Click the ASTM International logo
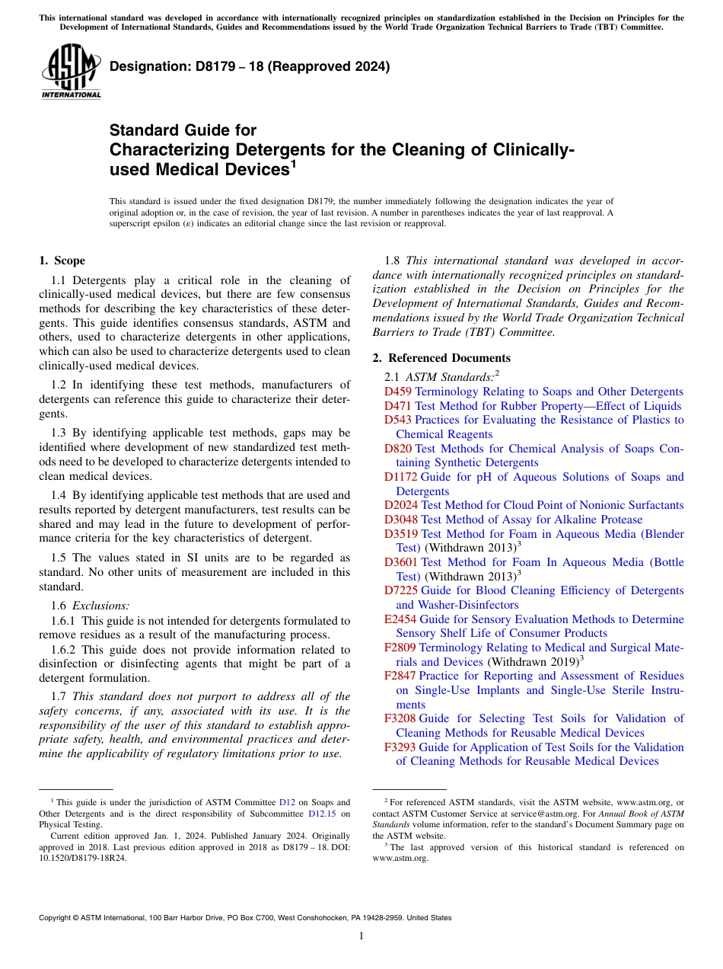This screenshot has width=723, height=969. [x=71, y=72]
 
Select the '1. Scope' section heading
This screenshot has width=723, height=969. [x=62, y=261]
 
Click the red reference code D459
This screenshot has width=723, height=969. [x=397, y=392]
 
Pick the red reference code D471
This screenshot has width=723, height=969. [x=397, y=406]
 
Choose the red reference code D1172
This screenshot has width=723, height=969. [x=400, y=477]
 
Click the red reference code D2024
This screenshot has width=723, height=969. [x=400, y=505]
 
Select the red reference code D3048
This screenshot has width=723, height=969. [x=400, y=520]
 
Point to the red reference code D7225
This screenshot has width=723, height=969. [x=400, y=590]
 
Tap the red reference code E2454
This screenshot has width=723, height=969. [x=400, y=619]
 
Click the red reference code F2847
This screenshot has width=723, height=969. [x=400, y=676]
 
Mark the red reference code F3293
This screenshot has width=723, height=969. [x=400, y=747]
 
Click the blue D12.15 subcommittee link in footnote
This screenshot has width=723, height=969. [x=323, y=814]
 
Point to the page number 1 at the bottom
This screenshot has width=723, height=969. [x=361, y=935]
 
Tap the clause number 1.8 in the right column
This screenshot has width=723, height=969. [x=393, y=261]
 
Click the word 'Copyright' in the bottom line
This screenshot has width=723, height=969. [x=57, y=918]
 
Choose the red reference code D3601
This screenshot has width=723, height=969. [x=400, y=562]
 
